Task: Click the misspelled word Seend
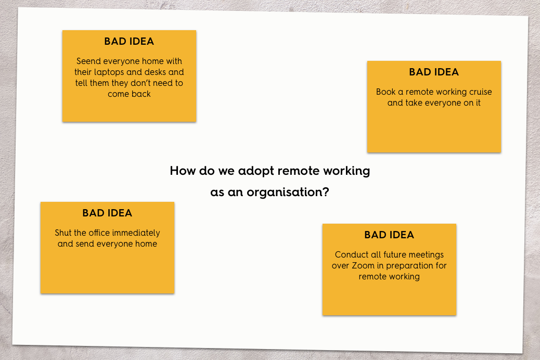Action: pyautogui.click(x=88, y=61)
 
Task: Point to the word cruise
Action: pyautogui.click(x=480, y=92)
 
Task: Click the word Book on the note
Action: pyautogui.click(x=385, y=92)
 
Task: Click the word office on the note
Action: pyautogui.click(x=101, y=233)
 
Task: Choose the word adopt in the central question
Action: pyautogui.click(x=256, y=171)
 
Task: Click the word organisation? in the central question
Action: pyautogui.click(x=288, y=192)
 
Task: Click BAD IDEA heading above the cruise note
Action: pyautogui.click(x=434, y=72)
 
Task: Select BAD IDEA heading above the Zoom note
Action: pyautogui.click(x=389, y=235)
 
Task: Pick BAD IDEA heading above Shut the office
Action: pyautogui.click(x=107, y=213)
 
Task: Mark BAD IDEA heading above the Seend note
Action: pyautogui.click(x=129, y=41)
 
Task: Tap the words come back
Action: pyautogui.click(x=129, y=94)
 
